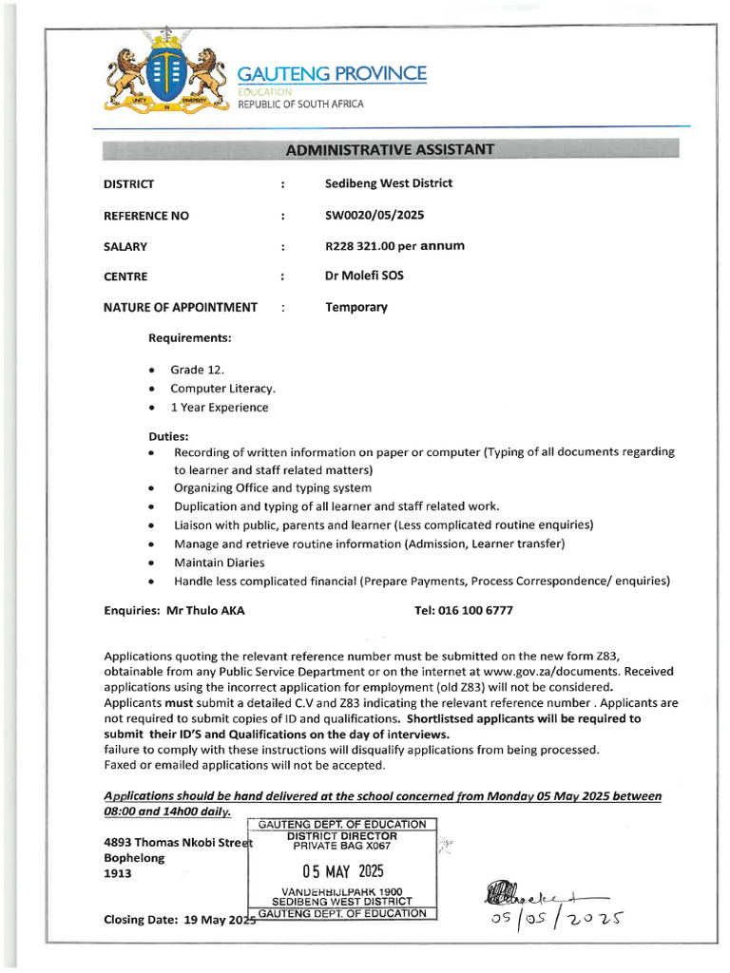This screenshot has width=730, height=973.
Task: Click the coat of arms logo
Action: [166, 81]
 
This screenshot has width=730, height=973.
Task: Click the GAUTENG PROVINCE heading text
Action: [332, 74]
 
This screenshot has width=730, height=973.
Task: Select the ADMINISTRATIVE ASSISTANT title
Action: [390, 149]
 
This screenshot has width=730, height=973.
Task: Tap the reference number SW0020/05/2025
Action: [375, 216]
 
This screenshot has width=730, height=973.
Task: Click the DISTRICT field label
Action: [128, 184]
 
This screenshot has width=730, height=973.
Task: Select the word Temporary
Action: [356, 307]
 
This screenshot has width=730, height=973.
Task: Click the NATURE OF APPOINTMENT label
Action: [181, 307]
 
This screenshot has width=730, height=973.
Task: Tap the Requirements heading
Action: [190, 337]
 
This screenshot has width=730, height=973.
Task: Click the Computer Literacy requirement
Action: [222, 389]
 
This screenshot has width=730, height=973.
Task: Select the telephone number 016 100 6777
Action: [477, 611]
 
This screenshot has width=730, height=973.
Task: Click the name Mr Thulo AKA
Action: [205, 611]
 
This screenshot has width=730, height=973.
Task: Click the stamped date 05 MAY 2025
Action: [341, 871]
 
